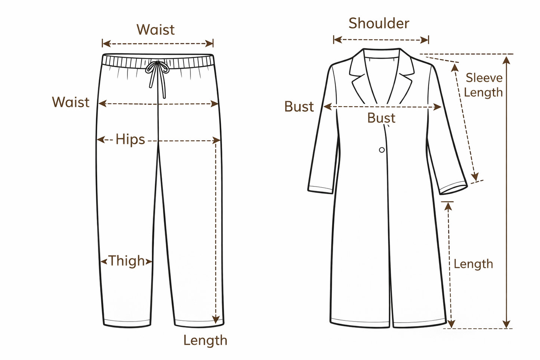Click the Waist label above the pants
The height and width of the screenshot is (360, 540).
(x=155, y=30)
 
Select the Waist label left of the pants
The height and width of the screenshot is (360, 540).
(x=71, y=102)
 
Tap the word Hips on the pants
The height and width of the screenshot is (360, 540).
(x=130, y=139)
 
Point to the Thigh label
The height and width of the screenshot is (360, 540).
(x=127, y=261)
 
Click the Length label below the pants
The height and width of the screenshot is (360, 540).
(x=206, y=341)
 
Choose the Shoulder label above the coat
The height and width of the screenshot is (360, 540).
(x=379, y=24)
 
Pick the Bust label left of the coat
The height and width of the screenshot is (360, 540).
(x=299, y=107)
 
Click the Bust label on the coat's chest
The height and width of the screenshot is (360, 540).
(x=382, y=118)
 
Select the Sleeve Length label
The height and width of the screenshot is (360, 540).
(x=484, y=85)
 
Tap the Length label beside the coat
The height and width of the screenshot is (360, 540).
(x=473, y=264)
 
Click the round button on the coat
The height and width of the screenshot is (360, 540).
(x=382, y=150)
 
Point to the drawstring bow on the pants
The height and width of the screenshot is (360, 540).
(x=157, y=68)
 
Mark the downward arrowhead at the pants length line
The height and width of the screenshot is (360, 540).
(x=216, y=319)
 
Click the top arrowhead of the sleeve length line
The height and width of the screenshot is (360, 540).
(x=455, y=68)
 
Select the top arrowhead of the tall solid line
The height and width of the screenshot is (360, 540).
(x=506, y=60)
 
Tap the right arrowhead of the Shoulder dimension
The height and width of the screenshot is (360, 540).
(x=424, y=40)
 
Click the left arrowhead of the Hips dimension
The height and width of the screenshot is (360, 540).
(x=101, y=139)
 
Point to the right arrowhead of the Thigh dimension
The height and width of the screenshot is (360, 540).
(x=149, y=262)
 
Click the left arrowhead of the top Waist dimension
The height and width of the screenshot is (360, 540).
(x=106, y=44)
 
